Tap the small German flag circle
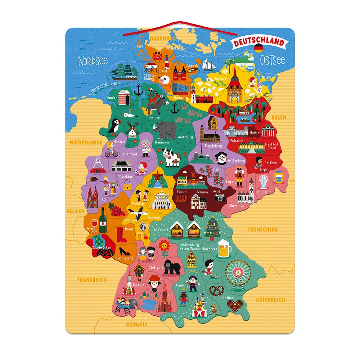[258, 48]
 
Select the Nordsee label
[93, 60]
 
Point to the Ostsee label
[273, 60]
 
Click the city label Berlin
[255, 132]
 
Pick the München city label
[227, 298]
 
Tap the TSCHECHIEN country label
[262, 229]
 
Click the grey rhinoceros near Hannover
[165, 130]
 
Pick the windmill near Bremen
[132, 128]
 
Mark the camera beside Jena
[219, 197]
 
